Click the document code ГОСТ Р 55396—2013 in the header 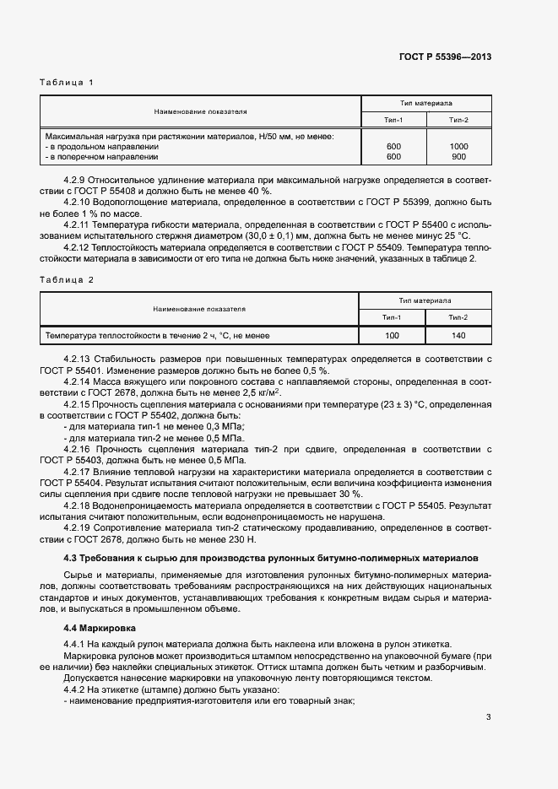[x=445, y=57]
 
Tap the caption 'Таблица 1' [x=66, y=82]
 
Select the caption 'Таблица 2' [x=66, y=278]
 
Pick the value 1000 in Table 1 [x=459, y=147]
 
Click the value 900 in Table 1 [x=459, y=157]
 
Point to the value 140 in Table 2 [x=458, y=336]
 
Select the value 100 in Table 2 [x=393, y=336]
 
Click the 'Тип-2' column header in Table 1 [x=459, y=121]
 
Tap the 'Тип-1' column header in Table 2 [x=393, y=316]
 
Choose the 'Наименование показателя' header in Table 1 [x=200, y=111]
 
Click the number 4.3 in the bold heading [x=72, y=559]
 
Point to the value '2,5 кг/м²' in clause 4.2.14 [x=258, y=392]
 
